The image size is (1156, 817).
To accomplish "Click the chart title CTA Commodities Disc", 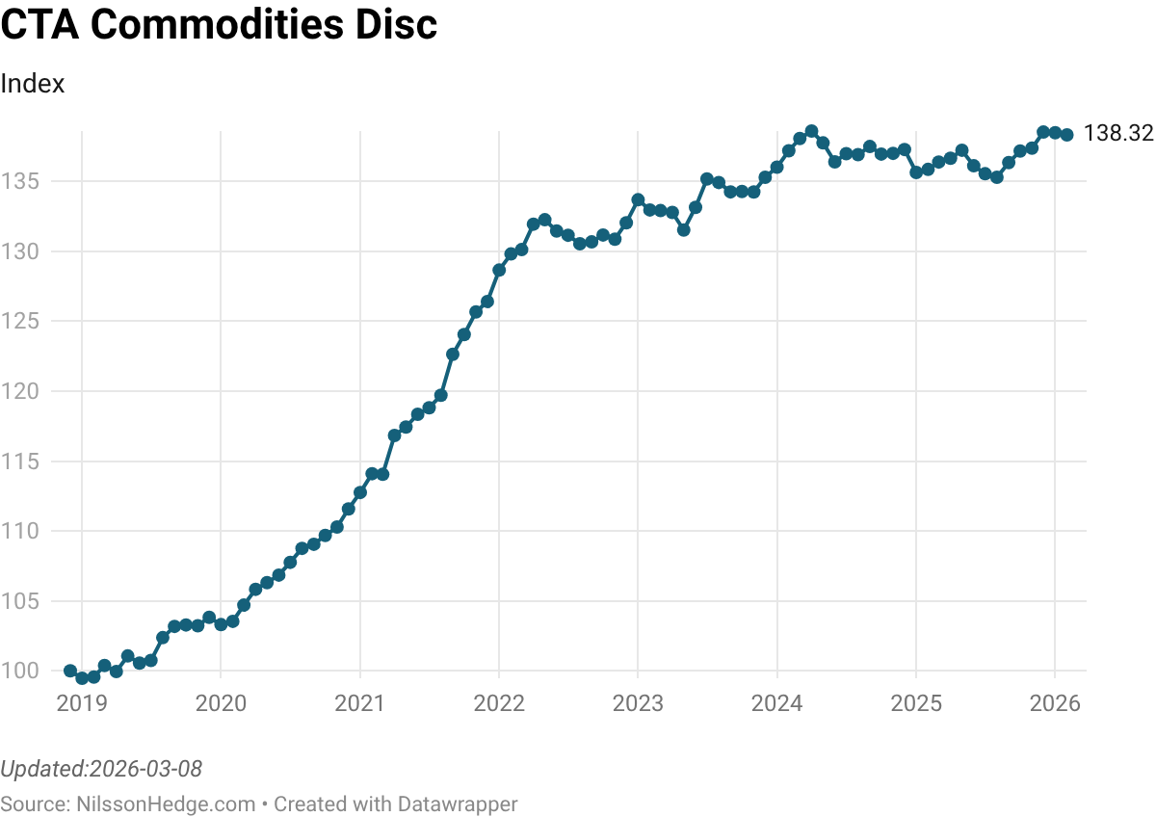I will (x=219, y=26).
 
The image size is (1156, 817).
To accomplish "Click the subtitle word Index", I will (x=33, y=84).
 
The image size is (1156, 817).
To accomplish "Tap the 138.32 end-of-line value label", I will (x=1118, y=134).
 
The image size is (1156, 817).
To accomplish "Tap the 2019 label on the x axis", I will (x=82, y=703).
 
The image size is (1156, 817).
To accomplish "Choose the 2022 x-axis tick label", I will (x=499, y=703).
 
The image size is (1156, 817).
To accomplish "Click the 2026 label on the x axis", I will (x=1055, y=703).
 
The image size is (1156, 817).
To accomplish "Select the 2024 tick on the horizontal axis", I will (x=776, y=703).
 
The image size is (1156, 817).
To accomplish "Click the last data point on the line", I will (x=1066, y=135).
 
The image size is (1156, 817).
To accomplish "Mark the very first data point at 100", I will (x=70, y=671).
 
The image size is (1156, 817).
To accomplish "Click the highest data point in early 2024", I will (x=811, y=131).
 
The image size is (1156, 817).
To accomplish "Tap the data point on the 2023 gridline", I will (x=638, y=199).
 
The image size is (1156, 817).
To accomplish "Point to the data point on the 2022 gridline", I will (x=499, y=270).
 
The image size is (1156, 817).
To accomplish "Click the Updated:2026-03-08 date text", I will (x=101, y=769).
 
